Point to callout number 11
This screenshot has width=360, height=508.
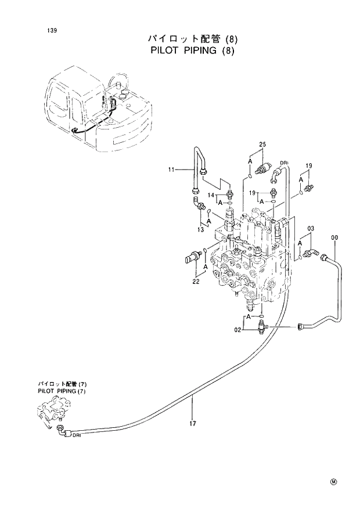pyautogui.click(x=171, y=170)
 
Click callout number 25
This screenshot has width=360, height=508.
pyautogui.click(x=262, y=144)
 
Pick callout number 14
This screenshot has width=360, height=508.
pyautogui.click(x=212, y=194)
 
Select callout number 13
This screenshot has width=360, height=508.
pyautogui.click(x=200, y=230)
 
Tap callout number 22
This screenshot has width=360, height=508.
pyautogui.click(x=196, y=282)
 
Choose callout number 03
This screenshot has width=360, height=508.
pyautogui.click(x=311, y=230)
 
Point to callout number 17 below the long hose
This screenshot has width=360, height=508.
pyautogui.click(x=192, y=423)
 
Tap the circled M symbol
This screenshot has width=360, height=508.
pyautogui.click(x=334, y=481)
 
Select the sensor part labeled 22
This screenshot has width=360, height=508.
pyautogui.click(x=192, y=255)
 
